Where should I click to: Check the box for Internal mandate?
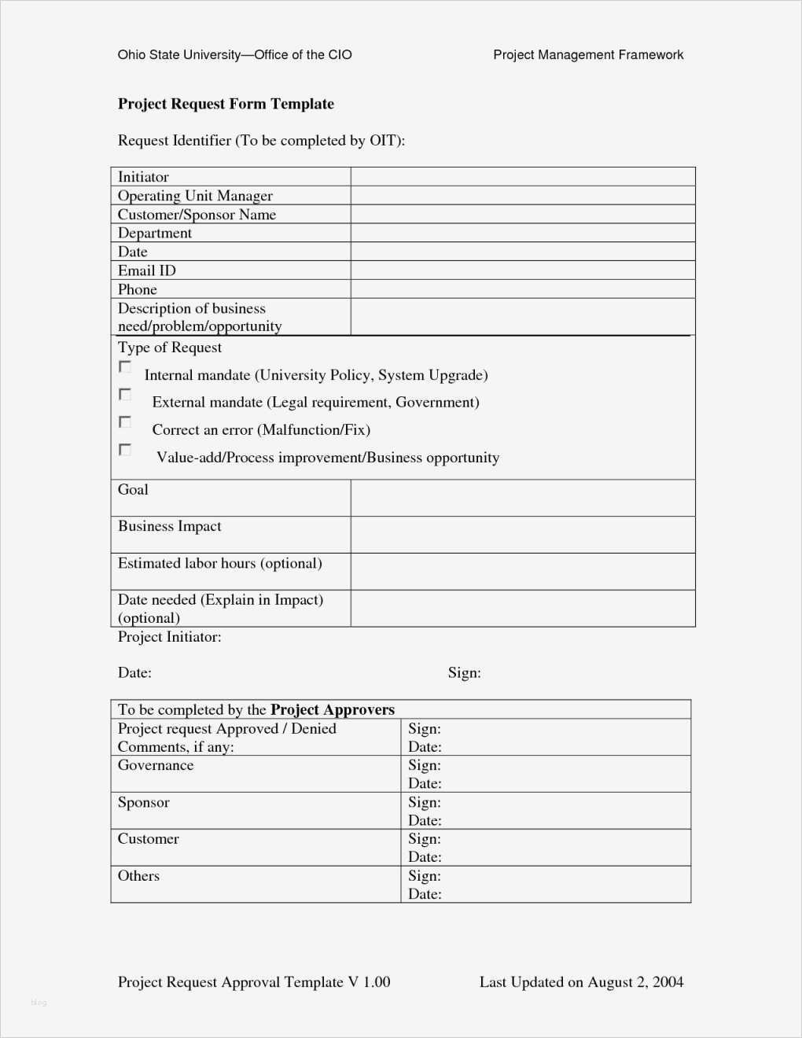point(125,367)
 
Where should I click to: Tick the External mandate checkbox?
point(125,394)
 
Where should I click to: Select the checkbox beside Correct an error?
point(125,422)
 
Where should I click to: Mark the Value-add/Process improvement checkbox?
point(125,450)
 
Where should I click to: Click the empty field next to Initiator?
point(523,177)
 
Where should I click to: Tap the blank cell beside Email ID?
point(523,271)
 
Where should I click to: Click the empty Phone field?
point(523,289)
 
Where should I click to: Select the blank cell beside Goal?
point(523,498)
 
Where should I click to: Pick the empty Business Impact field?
point(523,535)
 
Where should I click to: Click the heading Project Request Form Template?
point(226,104)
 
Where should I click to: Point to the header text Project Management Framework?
point(588,55)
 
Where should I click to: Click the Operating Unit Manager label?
point(195,196)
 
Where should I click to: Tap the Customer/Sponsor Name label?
point(197,215)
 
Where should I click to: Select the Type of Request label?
point(170,348)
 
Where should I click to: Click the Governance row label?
point(156,765)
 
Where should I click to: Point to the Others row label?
point(138,876)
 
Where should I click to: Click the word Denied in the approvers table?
point(314,728)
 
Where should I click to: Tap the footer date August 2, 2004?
point(635,982)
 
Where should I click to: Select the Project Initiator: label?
point(169,637)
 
